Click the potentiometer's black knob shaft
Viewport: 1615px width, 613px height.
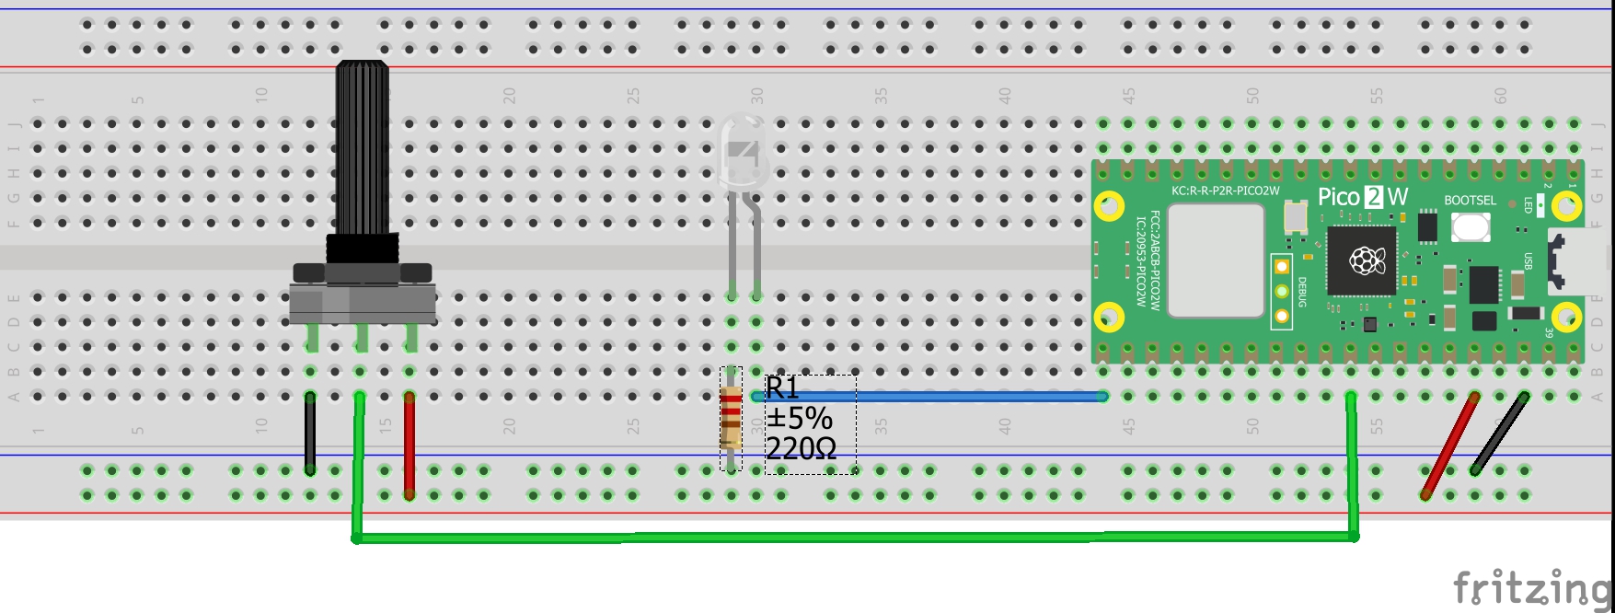coord(362,147)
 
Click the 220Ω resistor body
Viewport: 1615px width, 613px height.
coord(731,419)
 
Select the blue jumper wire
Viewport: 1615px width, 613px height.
coord(929,397)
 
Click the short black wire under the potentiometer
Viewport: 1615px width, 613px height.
coord(310,434)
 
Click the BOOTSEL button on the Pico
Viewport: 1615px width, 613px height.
coord(1471,226)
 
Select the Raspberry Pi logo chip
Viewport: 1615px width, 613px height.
coord(1361,261)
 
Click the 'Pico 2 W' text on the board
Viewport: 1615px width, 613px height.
coord(1363,197)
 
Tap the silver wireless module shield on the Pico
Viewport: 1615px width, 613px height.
coord(1215,260)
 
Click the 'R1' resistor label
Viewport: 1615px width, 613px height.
coord(782,388)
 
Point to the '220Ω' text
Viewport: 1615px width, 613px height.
coord(801,449)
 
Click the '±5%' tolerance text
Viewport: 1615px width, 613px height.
coord(799,419)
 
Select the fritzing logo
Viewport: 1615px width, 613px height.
coord(1531,586)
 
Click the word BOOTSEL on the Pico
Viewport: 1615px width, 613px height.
coord(1470,200)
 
